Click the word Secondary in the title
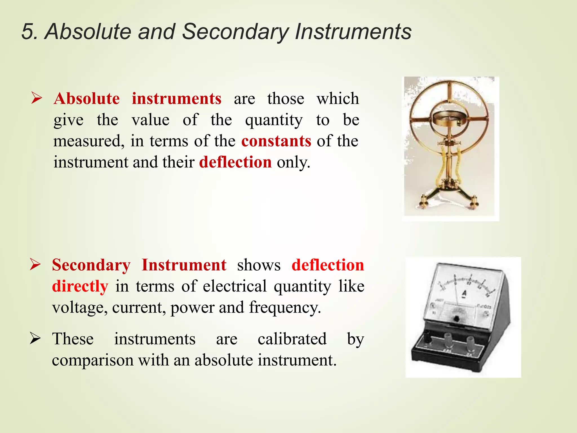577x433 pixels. point(235,32)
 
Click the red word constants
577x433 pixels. point(276,141)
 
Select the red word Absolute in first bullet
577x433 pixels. point(86,99)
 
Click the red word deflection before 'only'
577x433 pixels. point(235,162)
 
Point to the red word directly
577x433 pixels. point(80,286)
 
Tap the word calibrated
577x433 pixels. point(292,339)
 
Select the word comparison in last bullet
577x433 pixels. point(93,360)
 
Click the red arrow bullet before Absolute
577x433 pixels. point(37,98)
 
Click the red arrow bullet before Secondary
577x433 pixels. point(35,264)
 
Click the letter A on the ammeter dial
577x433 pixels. point(464,293)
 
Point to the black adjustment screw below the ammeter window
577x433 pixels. point(456,319)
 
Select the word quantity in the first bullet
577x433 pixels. point(274,120)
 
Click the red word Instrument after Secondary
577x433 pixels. point(184,265)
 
